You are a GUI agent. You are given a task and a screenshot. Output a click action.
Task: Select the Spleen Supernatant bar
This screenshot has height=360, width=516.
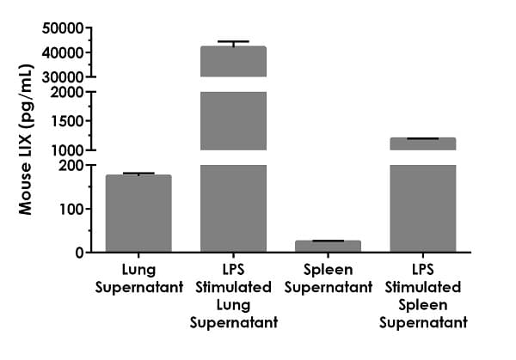328,247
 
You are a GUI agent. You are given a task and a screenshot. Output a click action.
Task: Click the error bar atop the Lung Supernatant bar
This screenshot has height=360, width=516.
138,174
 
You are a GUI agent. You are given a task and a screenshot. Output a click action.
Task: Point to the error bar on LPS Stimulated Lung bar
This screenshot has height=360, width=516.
233,42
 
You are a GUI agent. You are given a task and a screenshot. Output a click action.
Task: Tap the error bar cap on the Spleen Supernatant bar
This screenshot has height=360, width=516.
328,241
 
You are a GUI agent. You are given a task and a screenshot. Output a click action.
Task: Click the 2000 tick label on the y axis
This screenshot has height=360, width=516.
68,92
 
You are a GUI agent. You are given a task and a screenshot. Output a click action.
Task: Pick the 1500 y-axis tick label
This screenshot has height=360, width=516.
68,121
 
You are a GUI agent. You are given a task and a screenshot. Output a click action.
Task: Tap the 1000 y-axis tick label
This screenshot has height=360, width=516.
68,150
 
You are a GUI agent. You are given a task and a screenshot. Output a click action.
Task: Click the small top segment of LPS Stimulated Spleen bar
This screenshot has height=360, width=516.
422,143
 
